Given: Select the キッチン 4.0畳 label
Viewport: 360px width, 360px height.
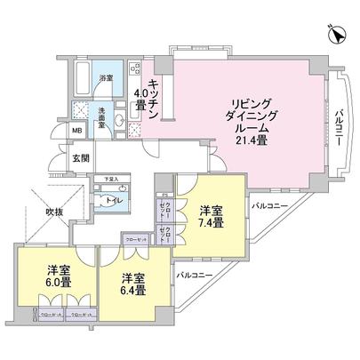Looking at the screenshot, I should pyautogui.click(x=147, y=93).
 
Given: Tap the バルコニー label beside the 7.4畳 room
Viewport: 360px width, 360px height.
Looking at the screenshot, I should pyautogui.click(x=269, y=206).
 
